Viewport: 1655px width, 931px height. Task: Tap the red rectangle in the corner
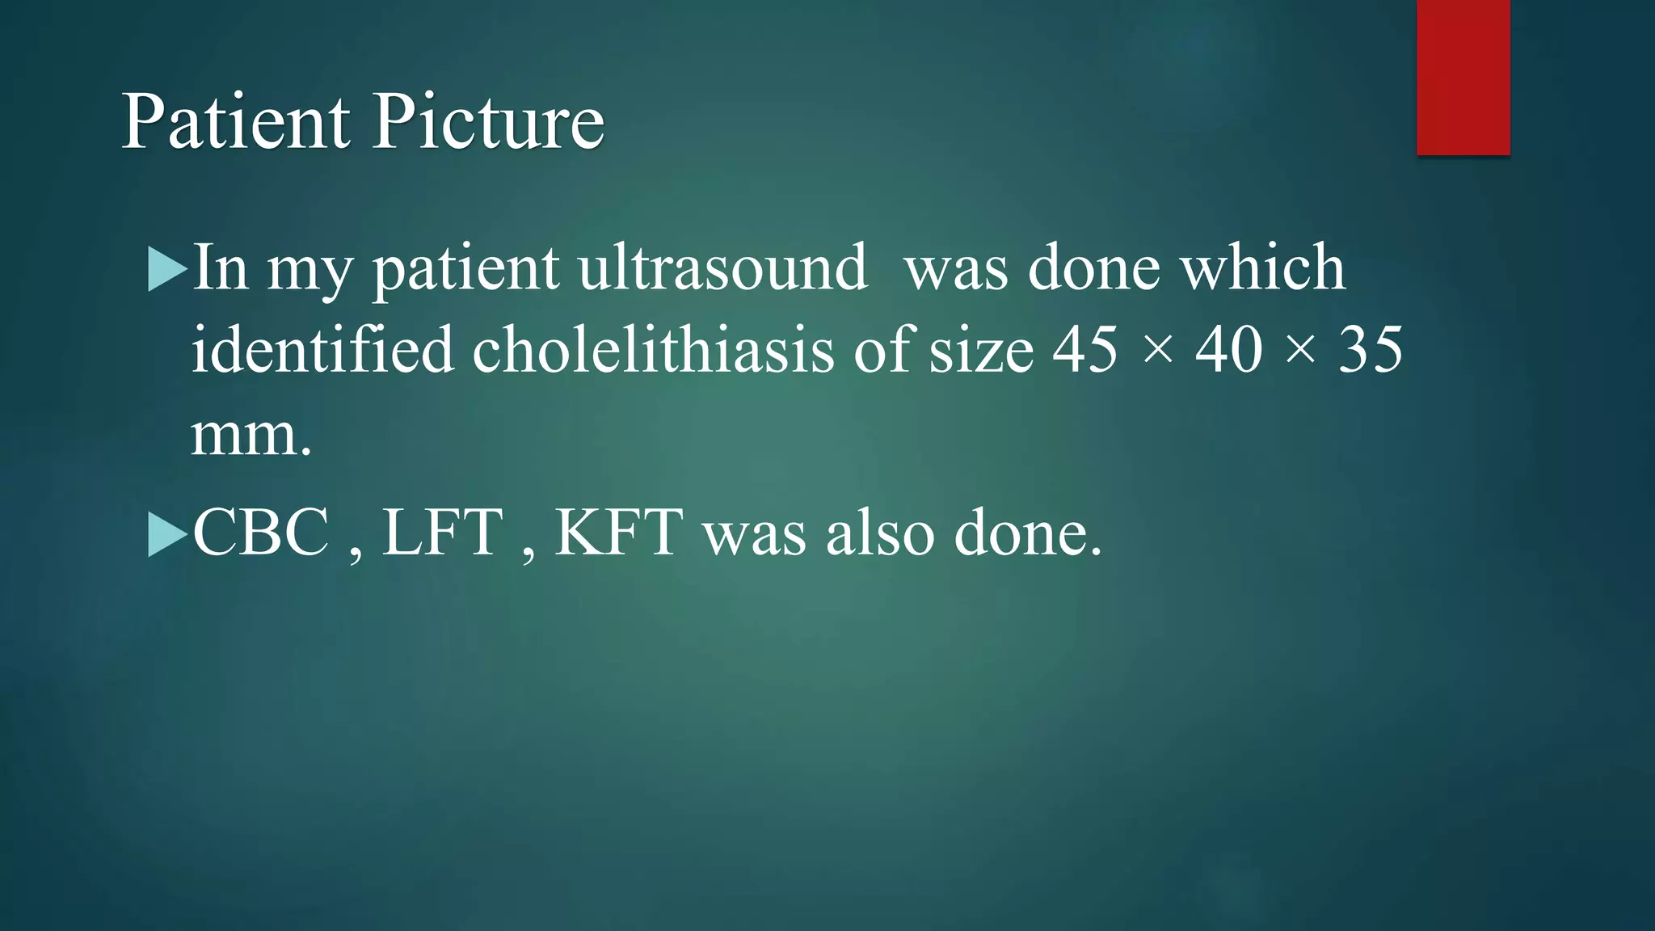pyautogui.click(x=1463, y=77)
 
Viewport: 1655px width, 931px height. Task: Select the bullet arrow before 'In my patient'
pyautogui.click(x=167, y=269)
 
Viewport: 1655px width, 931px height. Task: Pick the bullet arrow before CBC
pyautogui.click(x=167, y=535)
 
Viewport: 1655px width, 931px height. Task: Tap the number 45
pyautogui.click(x=1085, y=350)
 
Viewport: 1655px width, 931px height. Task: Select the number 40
pyautogui.click(x=1228, y=350)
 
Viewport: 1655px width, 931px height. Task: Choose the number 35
pyautogui.click(x=1371, y=350)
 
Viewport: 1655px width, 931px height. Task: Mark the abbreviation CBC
pyautogui.click(x=261, y=533)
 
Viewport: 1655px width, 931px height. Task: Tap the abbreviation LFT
pyautogui.click(x=442, y=533)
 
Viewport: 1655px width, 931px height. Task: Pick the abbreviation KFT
pyautogui.click(x=618, y=533)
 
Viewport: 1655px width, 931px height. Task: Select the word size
pyautogui.click(x=981, y=352)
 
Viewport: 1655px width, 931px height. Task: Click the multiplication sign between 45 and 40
pyautogui.click(x=1158, y=352)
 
